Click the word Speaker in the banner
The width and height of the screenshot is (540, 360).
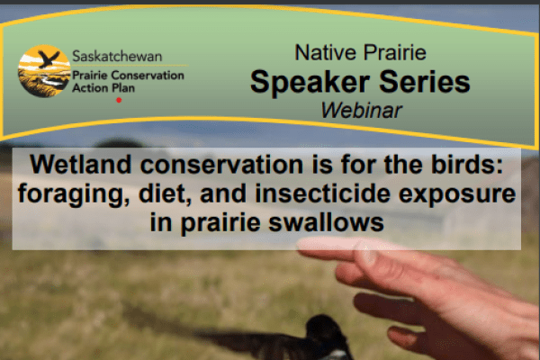[x=305, y=82]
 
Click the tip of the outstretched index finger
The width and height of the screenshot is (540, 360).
[x=304, y=245]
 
